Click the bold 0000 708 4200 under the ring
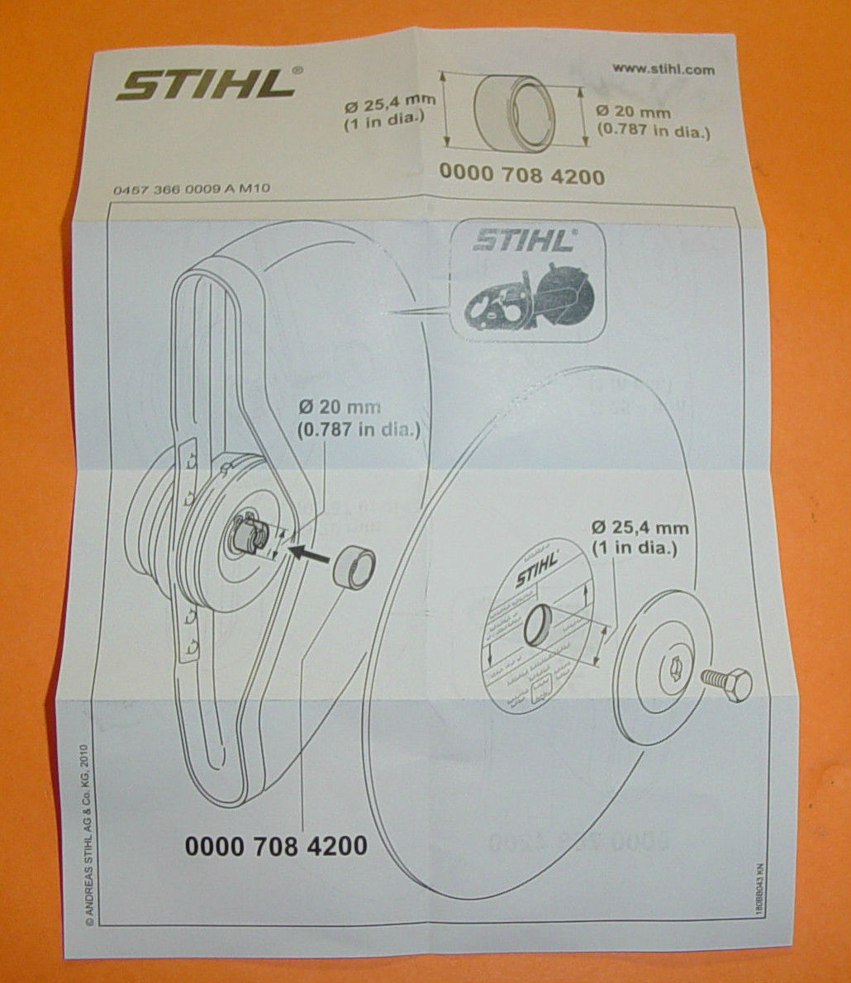(x=521, y=175)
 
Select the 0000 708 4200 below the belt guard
(x=276, y=845)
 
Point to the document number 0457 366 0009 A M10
(x=192, y=189)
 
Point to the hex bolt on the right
(x=725, y=682)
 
